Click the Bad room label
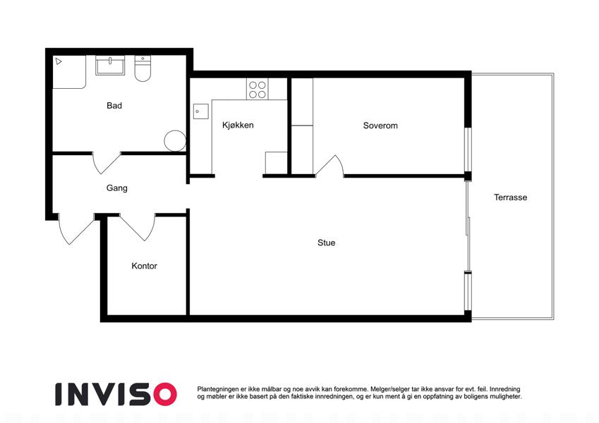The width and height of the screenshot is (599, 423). click(114, 106)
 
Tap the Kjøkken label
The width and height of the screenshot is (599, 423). click(238, 125)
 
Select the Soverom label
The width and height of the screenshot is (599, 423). click(380, 125)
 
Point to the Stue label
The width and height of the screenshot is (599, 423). click(326, 243)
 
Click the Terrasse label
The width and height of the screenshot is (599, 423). click(510, 197)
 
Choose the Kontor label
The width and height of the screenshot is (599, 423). click(144, 266)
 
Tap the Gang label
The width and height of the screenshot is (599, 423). click(117, 188)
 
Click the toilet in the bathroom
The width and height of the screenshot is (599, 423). click(143, 68)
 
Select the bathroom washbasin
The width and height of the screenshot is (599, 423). click(110, 66)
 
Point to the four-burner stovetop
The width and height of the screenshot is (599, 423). click(258, 89)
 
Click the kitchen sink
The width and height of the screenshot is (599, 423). click(200, 111)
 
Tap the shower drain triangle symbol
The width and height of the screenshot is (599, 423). click(58, 61)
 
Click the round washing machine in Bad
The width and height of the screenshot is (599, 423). click(175, 141)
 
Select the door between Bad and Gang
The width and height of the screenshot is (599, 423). click(107, 163)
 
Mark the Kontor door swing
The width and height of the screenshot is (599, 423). click(138, 227)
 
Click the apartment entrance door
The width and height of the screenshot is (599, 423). click(75, 229)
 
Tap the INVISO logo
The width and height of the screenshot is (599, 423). click(116, 394)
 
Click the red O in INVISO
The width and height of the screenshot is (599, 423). click(165, 394)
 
